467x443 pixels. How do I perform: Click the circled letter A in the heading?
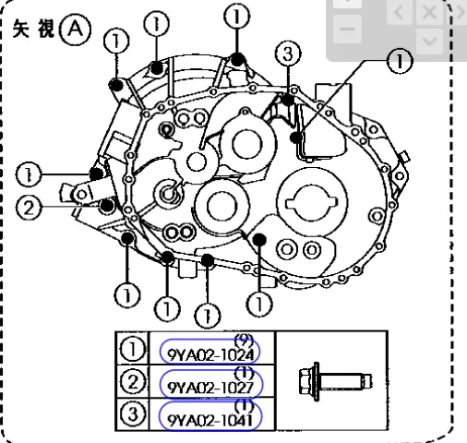[x=76, y=30]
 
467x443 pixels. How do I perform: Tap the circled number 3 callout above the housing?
[x=288, y=54]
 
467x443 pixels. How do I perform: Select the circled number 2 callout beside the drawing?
[x=29, y=208]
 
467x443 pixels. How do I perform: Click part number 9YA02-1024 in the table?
[x=210, y=355]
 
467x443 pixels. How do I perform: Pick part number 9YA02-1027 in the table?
[x=210, y=389]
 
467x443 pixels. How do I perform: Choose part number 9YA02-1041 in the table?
[x=210, y=420]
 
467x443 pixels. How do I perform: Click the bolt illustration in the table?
[x=335, y=382]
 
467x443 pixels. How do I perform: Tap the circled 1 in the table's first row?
[x=133, y=349]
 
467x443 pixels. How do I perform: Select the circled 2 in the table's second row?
[x=133, y=382]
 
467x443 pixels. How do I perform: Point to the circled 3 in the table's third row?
[x=133, y=414]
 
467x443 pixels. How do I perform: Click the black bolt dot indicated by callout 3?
[x=288, y=100]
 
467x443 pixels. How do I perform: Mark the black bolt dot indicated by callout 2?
[x=107, y=205]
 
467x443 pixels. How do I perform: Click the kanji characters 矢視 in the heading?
[x=33, y=29]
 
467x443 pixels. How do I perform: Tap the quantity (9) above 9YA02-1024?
[x=244, y=341]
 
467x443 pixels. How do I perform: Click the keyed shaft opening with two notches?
[x=312, y=203]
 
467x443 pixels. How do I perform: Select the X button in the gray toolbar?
[x=429, y=12]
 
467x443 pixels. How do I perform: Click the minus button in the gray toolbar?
[x=347, y=30]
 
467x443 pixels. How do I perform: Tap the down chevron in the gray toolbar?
[x=429, y=41]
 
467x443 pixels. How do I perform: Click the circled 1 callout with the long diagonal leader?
[x=400, y=61]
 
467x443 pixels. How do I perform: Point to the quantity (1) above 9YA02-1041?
[x=245, y=406]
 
